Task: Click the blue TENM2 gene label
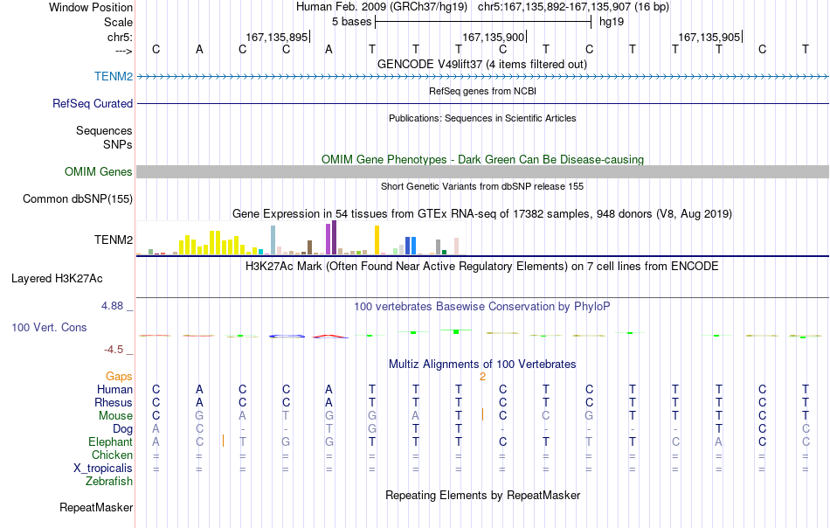[114, 76]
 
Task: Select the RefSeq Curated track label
[92, 103]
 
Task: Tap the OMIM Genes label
[98, 171]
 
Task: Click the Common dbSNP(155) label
[77, 198]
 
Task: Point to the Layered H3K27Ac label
[57, 279]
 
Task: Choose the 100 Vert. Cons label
[49, 327]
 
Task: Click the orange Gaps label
[119, 376]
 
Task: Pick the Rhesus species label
[114, 402]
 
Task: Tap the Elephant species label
[110, 441]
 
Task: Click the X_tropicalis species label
[103, 469]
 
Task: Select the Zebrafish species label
[109, 482]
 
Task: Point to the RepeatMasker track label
[96, 507]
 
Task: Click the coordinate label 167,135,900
[493, 37]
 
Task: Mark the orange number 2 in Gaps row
[483, 377]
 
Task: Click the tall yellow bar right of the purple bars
[377, 240]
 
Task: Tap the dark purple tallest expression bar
[334, 238]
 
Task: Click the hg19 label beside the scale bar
[612, 22]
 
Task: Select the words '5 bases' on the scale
[351, 22]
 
